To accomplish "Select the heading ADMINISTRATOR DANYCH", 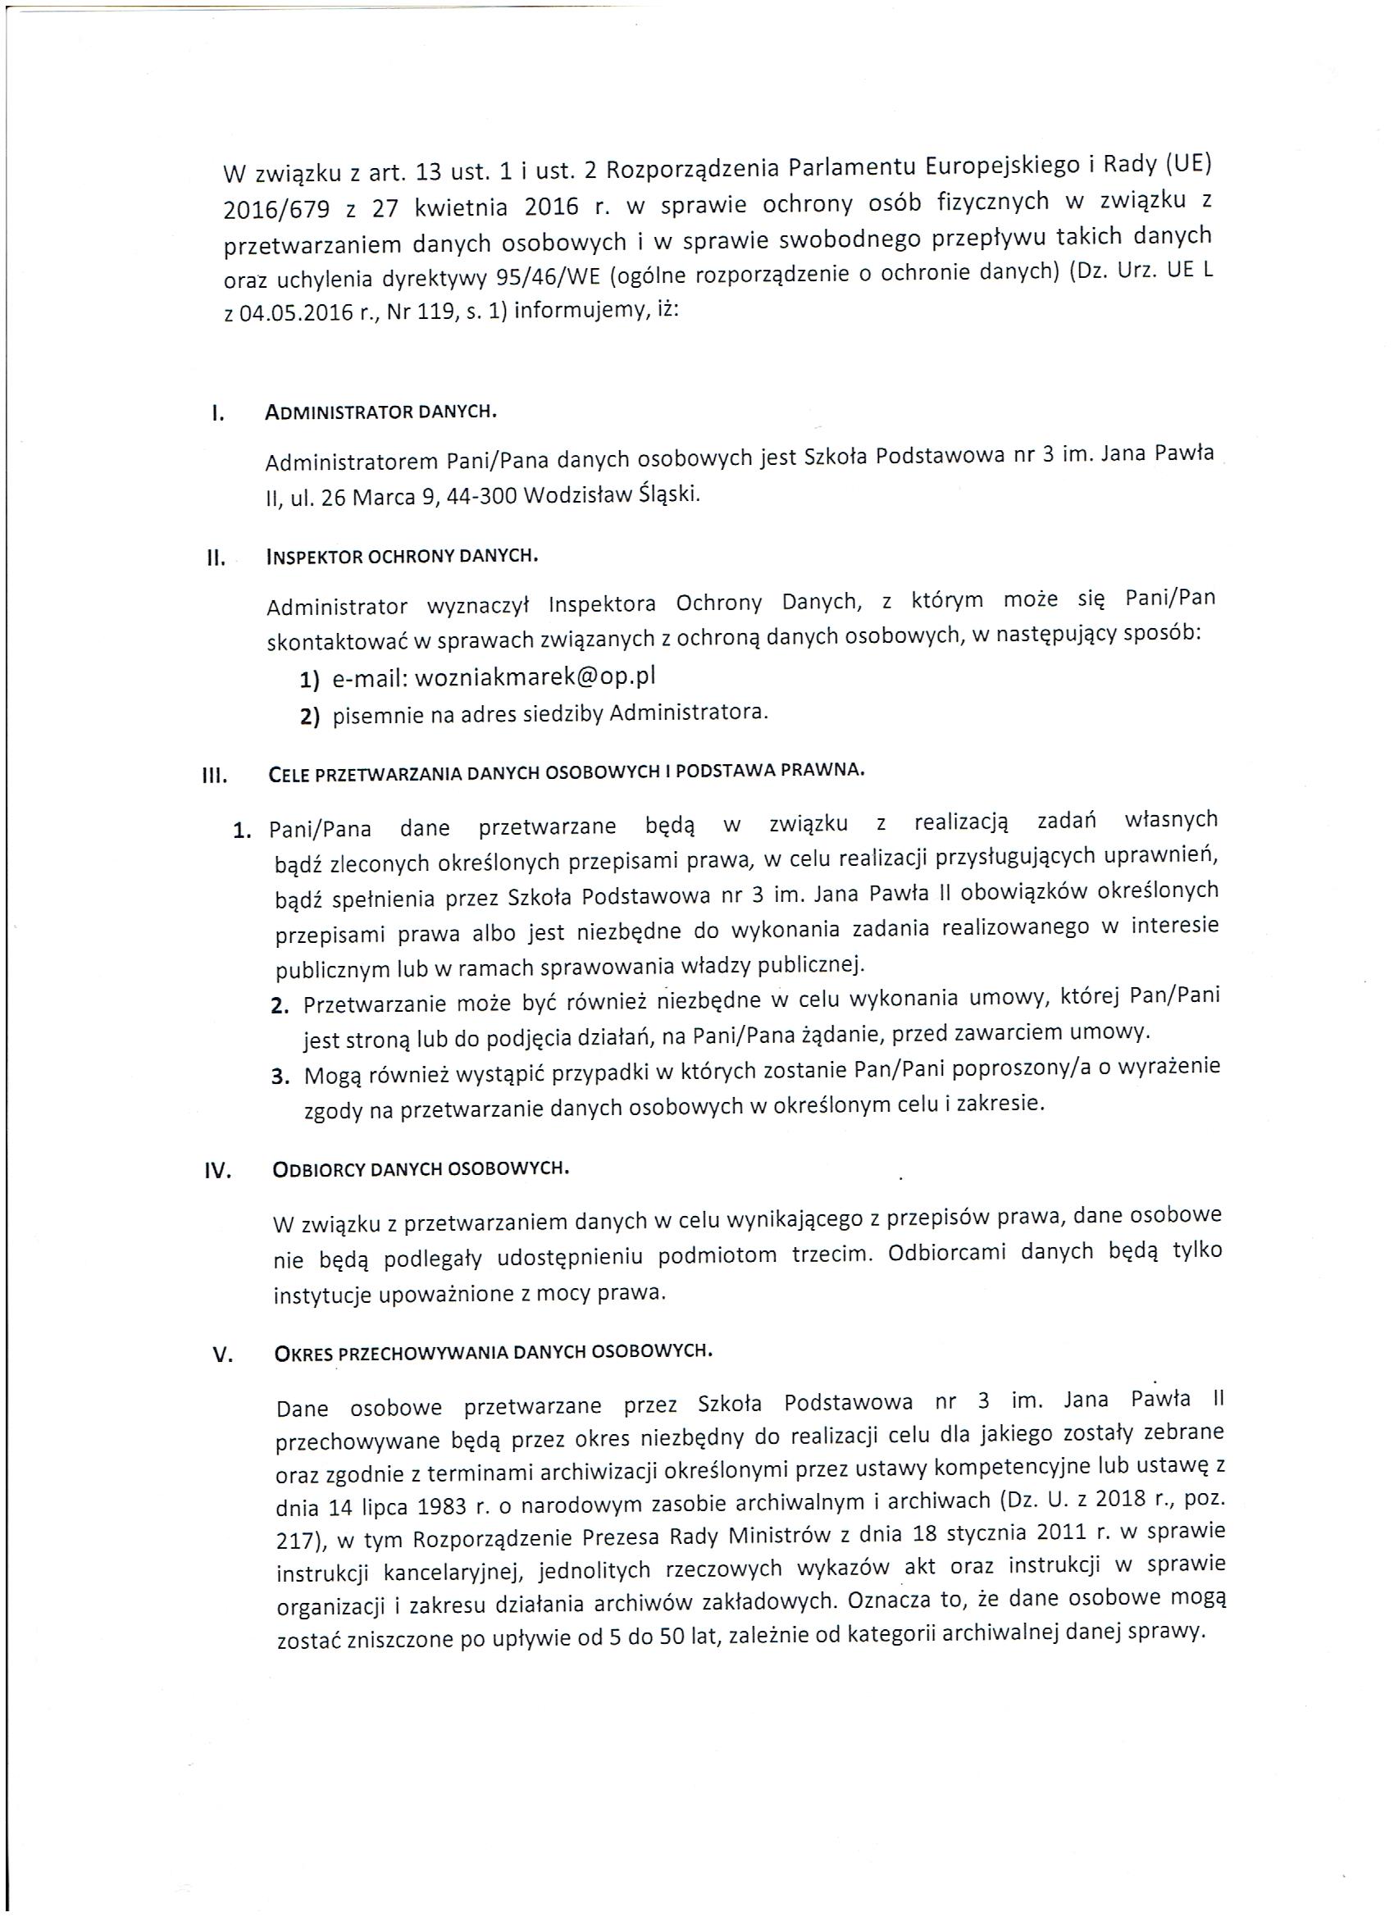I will (380, 412).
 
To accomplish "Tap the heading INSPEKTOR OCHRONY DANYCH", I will (403, 557).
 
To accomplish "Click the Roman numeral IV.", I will (218, 1173).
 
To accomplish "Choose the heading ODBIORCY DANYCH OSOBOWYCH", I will (421, 1169).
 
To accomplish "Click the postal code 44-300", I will (485, 496).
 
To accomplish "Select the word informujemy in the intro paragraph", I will (574, 311).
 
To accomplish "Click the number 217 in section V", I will (293, 1541).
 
